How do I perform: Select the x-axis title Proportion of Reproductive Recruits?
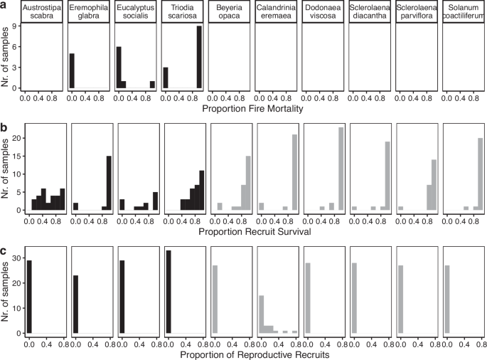click(253, 353)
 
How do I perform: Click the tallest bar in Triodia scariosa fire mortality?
click(200, 57)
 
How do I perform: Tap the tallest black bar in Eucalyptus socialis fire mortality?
click(119, 68)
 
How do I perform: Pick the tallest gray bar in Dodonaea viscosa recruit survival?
click(342, 169)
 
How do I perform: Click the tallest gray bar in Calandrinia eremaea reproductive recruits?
click(261, 314)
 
